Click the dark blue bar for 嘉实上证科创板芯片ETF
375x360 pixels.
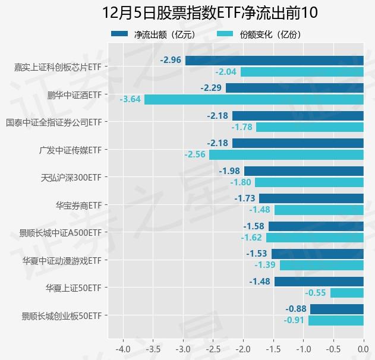[x=274, y=60]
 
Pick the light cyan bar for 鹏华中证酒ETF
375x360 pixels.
[x=254, y=99]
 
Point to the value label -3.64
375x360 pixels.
[x=130, y=99]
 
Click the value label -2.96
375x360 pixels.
[x=171, y=60]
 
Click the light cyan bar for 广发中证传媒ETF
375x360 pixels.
[x=286, y=154]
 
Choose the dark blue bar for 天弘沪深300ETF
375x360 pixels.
[x=304, y=171]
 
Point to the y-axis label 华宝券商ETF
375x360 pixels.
[x=79, y=205]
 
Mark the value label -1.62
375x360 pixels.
[x=251, y=238]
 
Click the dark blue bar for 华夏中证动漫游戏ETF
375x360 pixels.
[x=317, y=254]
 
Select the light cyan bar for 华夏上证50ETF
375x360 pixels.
[x=346, y=293]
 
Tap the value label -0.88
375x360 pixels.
[x=296, y=309]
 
